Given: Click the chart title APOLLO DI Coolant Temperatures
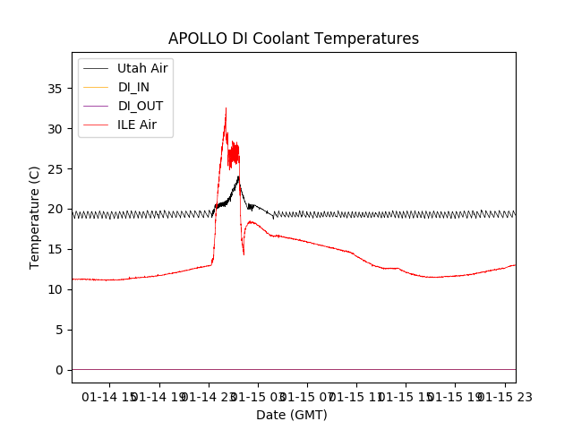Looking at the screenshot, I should coord(294,39).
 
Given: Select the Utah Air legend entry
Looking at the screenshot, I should coord(141,68).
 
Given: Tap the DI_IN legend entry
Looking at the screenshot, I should coord(135,87).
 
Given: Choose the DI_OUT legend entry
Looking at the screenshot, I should coord(141,106).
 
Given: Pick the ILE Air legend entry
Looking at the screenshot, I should coord(136,125).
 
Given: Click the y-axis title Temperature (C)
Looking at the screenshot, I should coord(34,217).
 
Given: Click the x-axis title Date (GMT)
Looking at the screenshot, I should coord(292,415).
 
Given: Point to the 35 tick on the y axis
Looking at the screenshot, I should coord(55,89).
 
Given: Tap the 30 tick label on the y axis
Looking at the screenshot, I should coord(55,129).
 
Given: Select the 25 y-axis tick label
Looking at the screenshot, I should coord(55,169).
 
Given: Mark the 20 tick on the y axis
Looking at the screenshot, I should coord(55,209).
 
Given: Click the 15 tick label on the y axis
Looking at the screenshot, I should coord(55,249).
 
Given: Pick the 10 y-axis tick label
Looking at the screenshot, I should coord(55,289).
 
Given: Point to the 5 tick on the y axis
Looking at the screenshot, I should coord(58,330).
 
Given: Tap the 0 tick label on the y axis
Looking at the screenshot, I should coord(58,370).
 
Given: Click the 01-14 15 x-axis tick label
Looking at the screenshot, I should coord(111,396).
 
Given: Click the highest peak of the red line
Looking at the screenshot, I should coord(226,108).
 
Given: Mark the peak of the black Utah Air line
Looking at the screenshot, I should coord(238,176).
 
